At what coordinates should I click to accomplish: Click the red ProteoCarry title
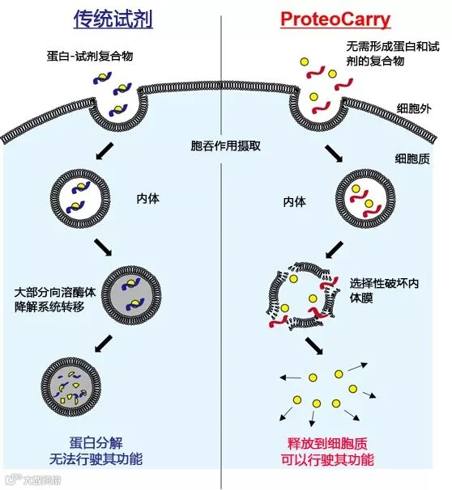click(x=335, y=19)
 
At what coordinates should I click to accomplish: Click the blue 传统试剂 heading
click(x=113, y=19)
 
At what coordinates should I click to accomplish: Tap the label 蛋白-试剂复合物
click(x=90, y=57)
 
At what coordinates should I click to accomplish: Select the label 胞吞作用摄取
click(x=225, y=146)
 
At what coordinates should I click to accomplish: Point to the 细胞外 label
click(x=414, y=108)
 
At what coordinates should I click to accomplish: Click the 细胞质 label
click(x=412, y=158)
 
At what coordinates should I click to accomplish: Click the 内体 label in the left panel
click(x=147, y=199)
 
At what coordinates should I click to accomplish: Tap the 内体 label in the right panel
click(x=294, y=202)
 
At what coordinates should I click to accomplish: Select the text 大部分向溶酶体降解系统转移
click(x=55, y=300)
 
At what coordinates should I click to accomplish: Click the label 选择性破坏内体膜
click(x=384, y=290)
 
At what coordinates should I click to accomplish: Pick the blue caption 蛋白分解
click(x=96, y=443)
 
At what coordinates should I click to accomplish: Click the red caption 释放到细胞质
click(x=327, y=443)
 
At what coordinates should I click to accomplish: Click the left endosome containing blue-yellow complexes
click(x=80, y=199)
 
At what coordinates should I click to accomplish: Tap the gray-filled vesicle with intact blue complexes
click(x=132, y=295)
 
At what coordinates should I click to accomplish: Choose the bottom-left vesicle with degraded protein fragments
click(x=71, y=387)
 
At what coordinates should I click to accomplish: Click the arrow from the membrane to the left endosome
click(x=104, y=151)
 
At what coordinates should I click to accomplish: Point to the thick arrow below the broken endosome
click(x=314, y=345)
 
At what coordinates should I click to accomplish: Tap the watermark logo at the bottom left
click(x=34, y=479)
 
